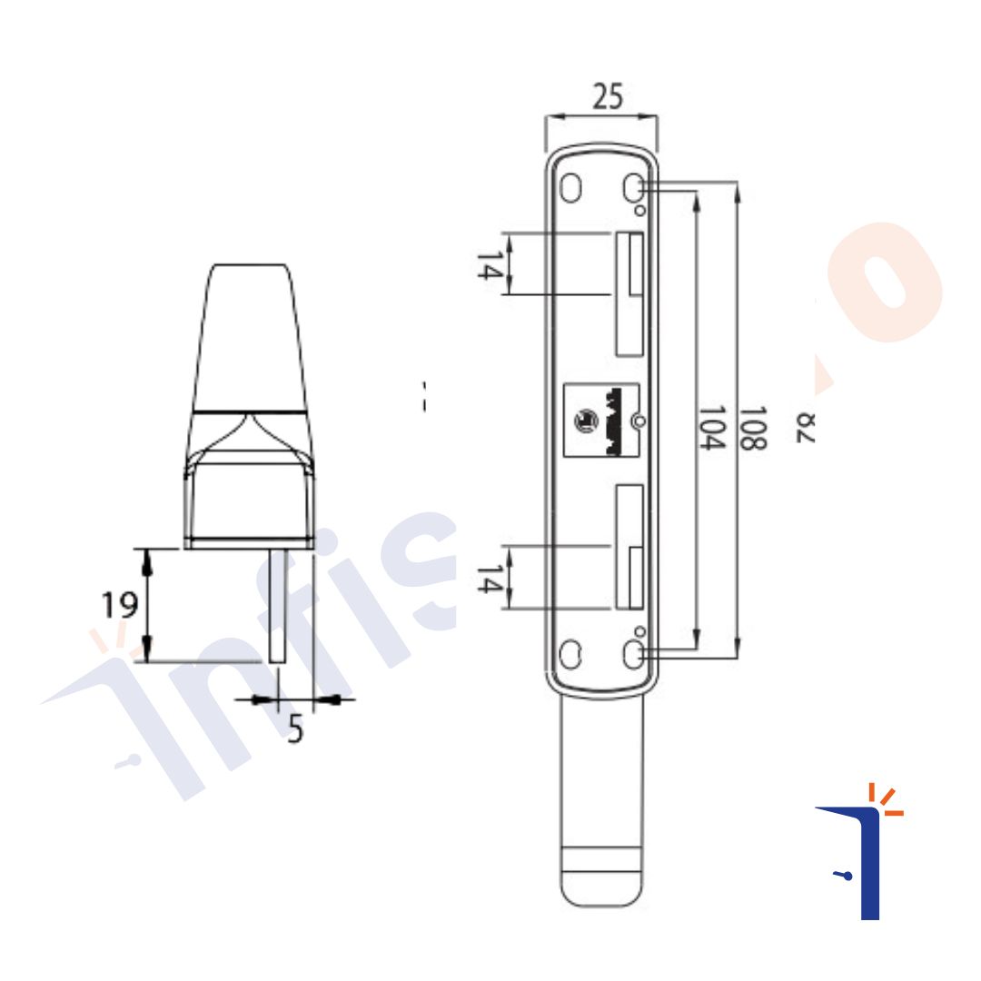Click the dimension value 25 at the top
[x=608, y=96]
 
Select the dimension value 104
[x=712, y=428]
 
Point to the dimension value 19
[x=119, y=605]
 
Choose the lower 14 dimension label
[x=490, y=579]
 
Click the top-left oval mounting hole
[x=571, y=187]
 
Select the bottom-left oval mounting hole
[x=571, y=653]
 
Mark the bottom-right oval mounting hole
[x=633, y=653]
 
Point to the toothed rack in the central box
[x=617, y=420]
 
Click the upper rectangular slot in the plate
[x=629, y=293]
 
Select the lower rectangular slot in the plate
[x=629, y=547]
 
